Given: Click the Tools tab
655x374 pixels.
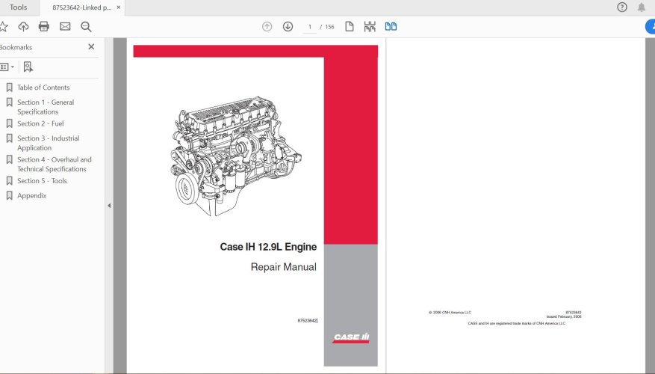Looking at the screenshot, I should (18, 7).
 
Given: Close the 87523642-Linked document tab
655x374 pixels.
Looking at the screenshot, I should (118, 7).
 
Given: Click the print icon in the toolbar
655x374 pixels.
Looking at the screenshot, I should (44, 27).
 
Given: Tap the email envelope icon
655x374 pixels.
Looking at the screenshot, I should (65, 27).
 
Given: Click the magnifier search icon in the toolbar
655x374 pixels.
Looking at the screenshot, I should (86, 27).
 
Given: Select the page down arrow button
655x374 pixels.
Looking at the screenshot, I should (288, 27).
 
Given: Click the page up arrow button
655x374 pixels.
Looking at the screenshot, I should (267, 27).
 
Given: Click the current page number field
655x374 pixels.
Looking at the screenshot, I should (309, 27).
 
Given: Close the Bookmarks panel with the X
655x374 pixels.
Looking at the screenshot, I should (91, 47).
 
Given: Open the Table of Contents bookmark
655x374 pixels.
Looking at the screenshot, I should (43, 88).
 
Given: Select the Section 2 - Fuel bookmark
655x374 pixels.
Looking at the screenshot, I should (40, 123).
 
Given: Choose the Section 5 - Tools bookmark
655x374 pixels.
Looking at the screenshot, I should (42, 181).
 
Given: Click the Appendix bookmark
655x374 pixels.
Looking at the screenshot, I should (31, 196).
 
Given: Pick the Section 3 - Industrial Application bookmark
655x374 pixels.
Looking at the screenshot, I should (48, 143).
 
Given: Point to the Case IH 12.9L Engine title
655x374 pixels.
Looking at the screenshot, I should (267, 247).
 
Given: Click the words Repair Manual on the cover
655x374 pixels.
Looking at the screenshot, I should (283, 267).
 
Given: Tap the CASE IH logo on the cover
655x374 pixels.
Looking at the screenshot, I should (351, 337).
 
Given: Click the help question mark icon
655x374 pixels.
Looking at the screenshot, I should (622, 7).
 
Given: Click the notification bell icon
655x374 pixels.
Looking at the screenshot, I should (641, 7).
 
